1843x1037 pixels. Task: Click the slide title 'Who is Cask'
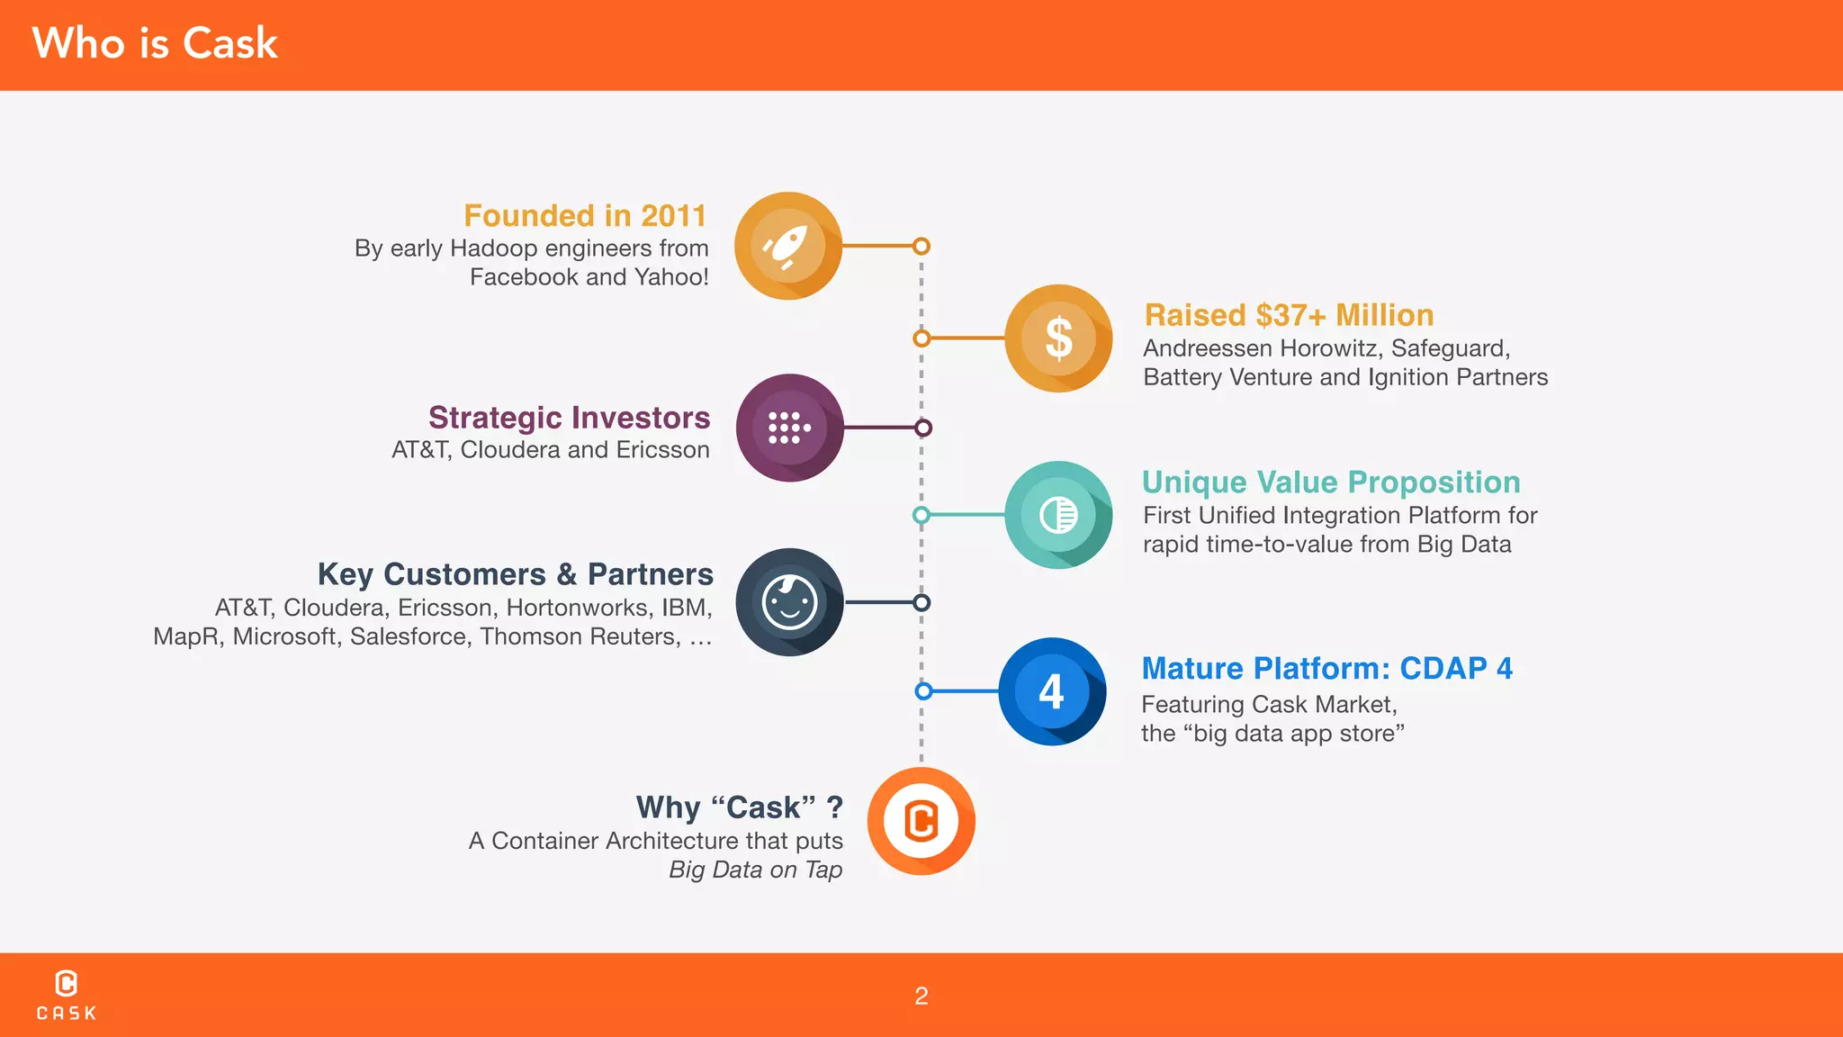click(x=155, y=43)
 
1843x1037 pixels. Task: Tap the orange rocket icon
click(x=787, y=246)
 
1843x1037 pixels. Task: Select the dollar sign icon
click(x=1058, y=338)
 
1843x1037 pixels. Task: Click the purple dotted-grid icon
click(x=789, y=428)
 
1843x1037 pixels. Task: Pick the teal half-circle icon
click(x=1058, y=515)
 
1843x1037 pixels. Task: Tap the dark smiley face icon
click(x=789, y=602)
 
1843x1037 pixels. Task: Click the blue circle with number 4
click(x=1052, y=691)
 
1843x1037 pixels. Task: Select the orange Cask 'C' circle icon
click(x=921, y=821)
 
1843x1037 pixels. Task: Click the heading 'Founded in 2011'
click(x=585, y=216)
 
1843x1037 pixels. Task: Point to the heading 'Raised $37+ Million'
click(x=1289, y=315)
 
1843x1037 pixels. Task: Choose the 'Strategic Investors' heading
click(x=569, y=418)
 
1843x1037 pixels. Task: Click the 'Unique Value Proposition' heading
click(x=1331, y=482)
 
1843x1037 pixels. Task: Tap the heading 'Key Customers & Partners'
click(x=515, y=574)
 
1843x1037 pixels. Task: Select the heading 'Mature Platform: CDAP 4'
click(x=1326, y=669)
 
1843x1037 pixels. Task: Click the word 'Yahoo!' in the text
click(x=670, y=277)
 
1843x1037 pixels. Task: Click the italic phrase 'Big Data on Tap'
click(x=755, y=870)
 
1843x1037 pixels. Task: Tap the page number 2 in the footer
click(x=921, y=996)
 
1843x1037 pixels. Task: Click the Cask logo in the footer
click(x=66, y=995)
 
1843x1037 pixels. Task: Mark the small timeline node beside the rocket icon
click(x=921, y=246)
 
